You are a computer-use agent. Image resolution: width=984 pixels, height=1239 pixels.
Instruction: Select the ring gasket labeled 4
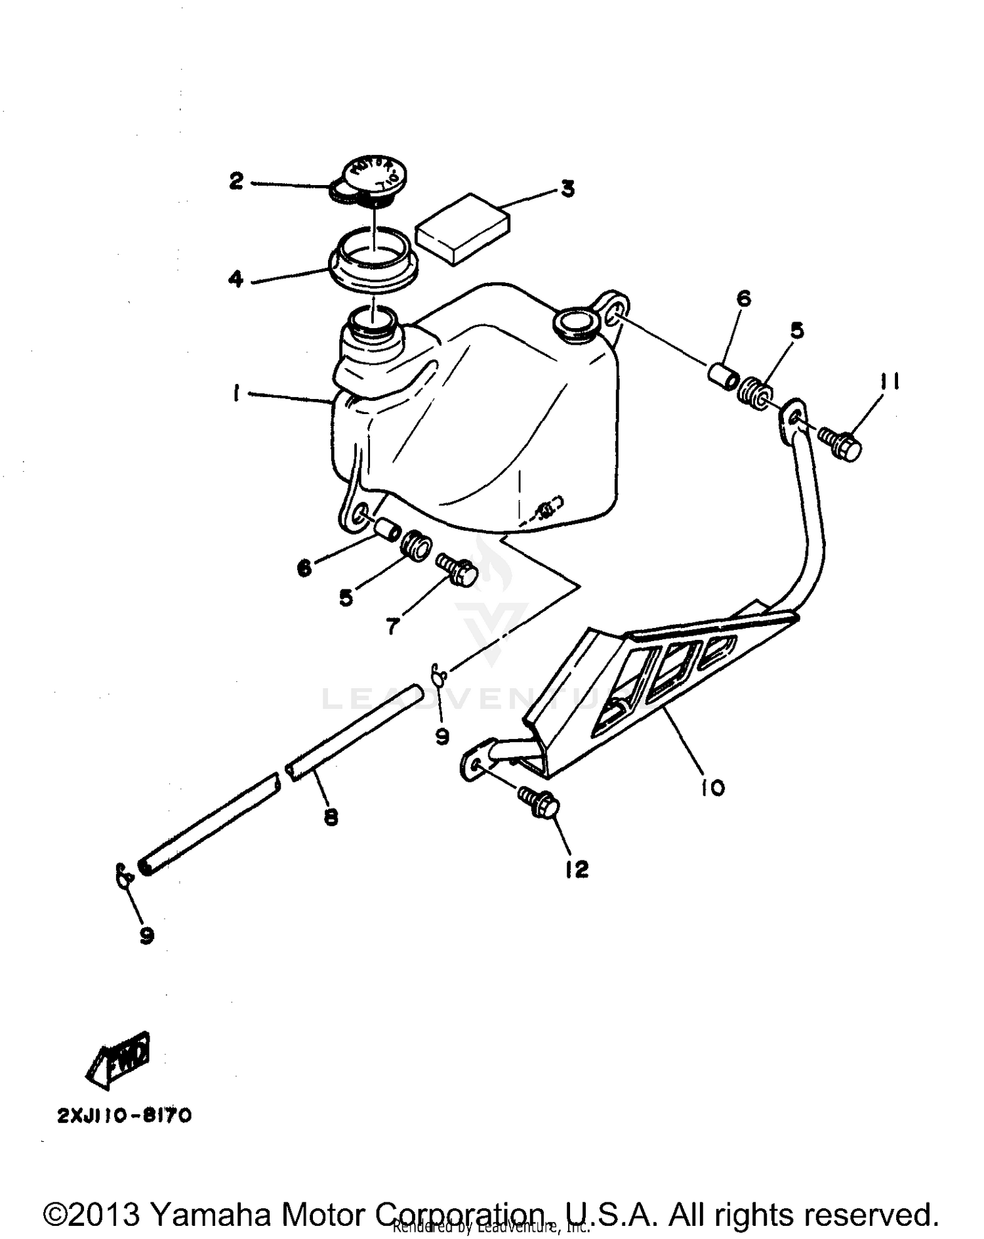tap(372, 261)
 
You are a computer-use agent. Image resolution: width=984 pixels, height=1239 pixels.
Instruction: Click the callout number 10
tap(712, 787)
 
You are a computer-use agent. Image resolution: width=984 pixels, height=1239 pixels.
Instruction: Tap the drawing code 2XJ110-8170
tap(125, 1116)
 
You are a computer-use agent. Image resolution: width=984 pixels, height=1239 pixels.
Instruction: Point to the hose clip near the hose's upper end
tap(440, 674)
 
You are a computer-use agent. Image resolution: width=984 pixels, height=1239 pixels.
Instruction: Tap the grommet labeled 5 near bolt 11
tap(756, 392)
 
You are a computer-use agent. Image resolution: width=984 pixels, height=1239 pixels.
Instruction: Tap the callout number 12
tap(576, 870)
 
